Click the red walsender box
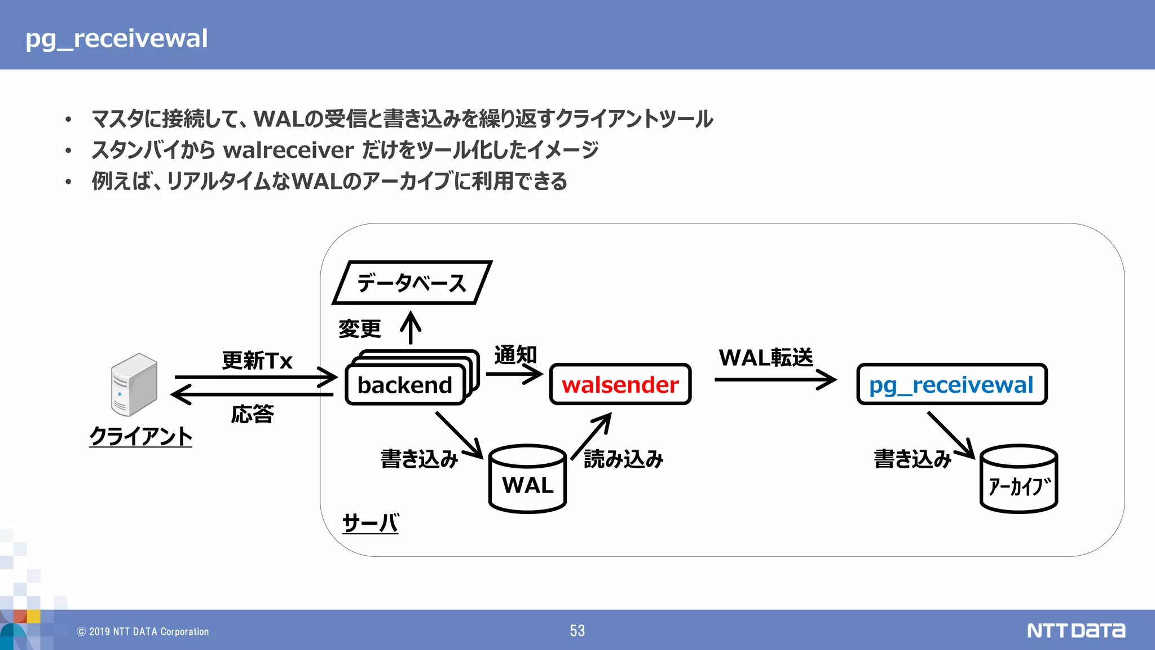[x=620, y=384]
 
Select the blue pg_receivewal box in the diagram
[x=951, y=384]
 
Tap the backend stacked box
[x=405, y=385]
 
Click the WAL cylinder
[x=527, y=480]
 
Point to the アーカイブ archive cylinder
[x=1019, y=480]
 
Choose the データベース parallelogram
[x=412, y=283]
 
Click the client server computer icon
[x=134, y=385]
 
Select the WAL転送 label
[x=765, y=357]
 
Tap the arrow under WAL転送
[x=775, y=380]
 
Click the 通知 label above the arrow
[x=515, y=355]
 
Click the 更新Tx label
[x=257, y=361]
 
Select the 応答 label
[x=252, y=414]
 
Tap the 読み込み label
[x=623, y=459]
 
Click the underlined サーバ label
[x=371, y=523]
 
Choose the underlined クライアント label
[x=140, y=436]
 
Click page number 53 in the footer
[x=577, y=631]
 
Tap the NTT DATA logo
[x=1075, y=630]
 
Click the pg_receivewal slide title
[x=117, y=38]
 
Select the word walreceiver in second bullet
[x=288, y=150]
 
